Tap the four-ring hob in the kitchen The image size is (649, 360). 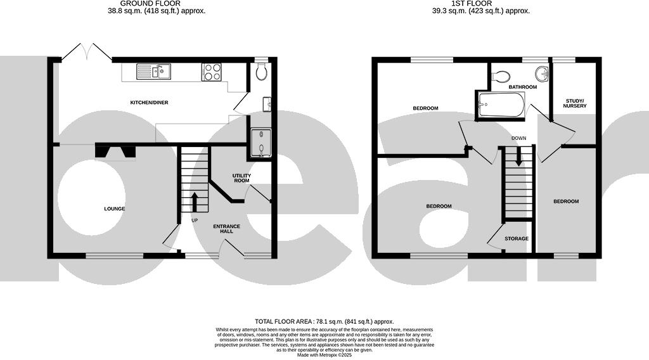211,72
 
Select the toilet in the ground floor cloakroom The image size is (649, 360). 261,74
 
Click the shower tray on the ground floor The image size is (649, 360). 260,143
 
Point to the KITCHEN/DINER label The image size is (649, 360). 149,103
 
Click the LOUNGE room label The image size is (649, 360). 115,209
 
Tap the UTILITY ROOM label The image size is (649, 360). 242,177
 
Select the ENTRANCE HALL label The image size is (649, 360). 226,229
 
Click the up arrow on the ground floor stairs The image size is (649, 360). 194,202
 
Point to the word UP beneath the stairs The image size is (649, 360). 195,221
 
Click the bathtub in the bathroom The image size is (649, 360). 501,105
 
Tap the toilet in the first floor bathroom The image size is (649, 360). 501,76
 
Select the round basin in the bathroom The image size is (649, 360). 542,72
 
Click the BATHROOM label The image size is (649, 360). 522,87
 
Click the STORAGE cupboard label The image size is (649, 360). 517,239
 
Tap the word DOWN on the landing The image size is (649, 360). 518,138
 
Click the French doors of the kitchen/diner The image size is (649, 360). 87,51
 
